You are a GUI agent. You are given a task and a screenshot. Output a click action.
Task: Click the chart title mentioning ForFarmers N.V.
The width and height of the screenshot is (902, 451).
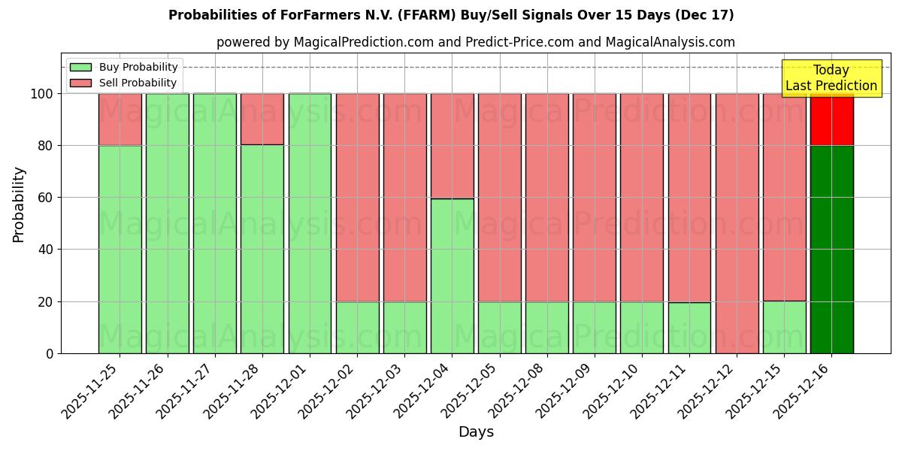(x=451, y=15)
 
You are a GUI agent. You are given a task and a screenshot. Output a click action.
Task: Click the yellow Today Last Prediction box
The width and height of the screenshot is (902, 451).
(x=831, y=78)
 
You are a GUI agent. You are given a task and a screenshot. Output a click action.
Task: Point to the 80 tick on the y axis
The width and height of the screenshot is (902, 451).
(x=46, y=146)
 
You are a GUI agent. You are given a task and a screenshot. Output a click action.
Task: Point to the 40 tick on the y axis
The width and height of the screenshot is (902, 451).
(x=46, y=250)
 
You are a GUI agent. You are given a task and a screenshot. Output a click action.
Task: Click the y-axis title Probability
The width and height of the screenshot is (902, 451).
(x=19, y=204)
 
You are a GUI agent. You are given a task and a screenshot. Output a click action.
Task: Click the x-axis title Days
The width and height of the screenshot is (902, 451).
(x=476, y=432)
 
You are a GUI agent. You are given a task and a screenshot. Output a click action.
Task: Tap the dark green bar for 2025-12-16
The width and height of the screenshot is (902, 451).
(x=831, y=250)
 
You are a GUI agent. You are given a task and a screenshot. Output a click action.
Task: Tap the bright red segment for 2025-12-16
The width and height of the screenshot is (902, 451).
(x=831, y=120)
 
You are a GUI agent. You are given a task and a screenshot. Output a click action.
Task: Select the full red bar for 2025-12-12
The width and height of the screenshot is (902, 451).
(x=737, y=223)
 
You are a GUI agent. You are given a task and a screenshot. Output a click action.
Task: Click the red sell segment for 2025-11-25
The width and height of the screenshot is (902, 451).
(x=120, y=120)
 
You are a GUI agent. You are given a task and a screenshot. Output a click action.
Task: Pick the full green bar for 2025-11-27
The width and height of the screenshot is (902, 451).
(x=215, y=223)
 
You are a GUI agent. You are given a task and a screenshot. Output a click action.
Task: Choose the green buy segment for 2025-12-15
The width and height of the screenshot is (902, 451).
(x=784, y=327)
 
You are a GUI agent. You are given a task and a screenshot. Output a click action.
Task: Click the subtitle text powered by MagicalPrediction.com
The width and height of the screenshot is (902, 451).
(x=476, y=43)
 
